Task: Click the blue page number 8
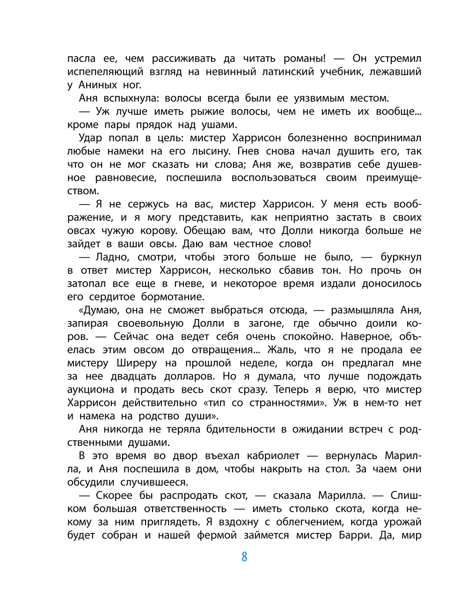pos(244,557)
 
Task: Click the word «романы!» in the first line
pos(305,58)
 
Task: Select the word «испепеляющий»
pos(105,72)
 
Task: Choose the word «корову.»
pos(156,231)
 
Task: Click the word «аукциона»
pos(91,390)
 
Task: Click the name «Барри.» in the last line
pos(356,535)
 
